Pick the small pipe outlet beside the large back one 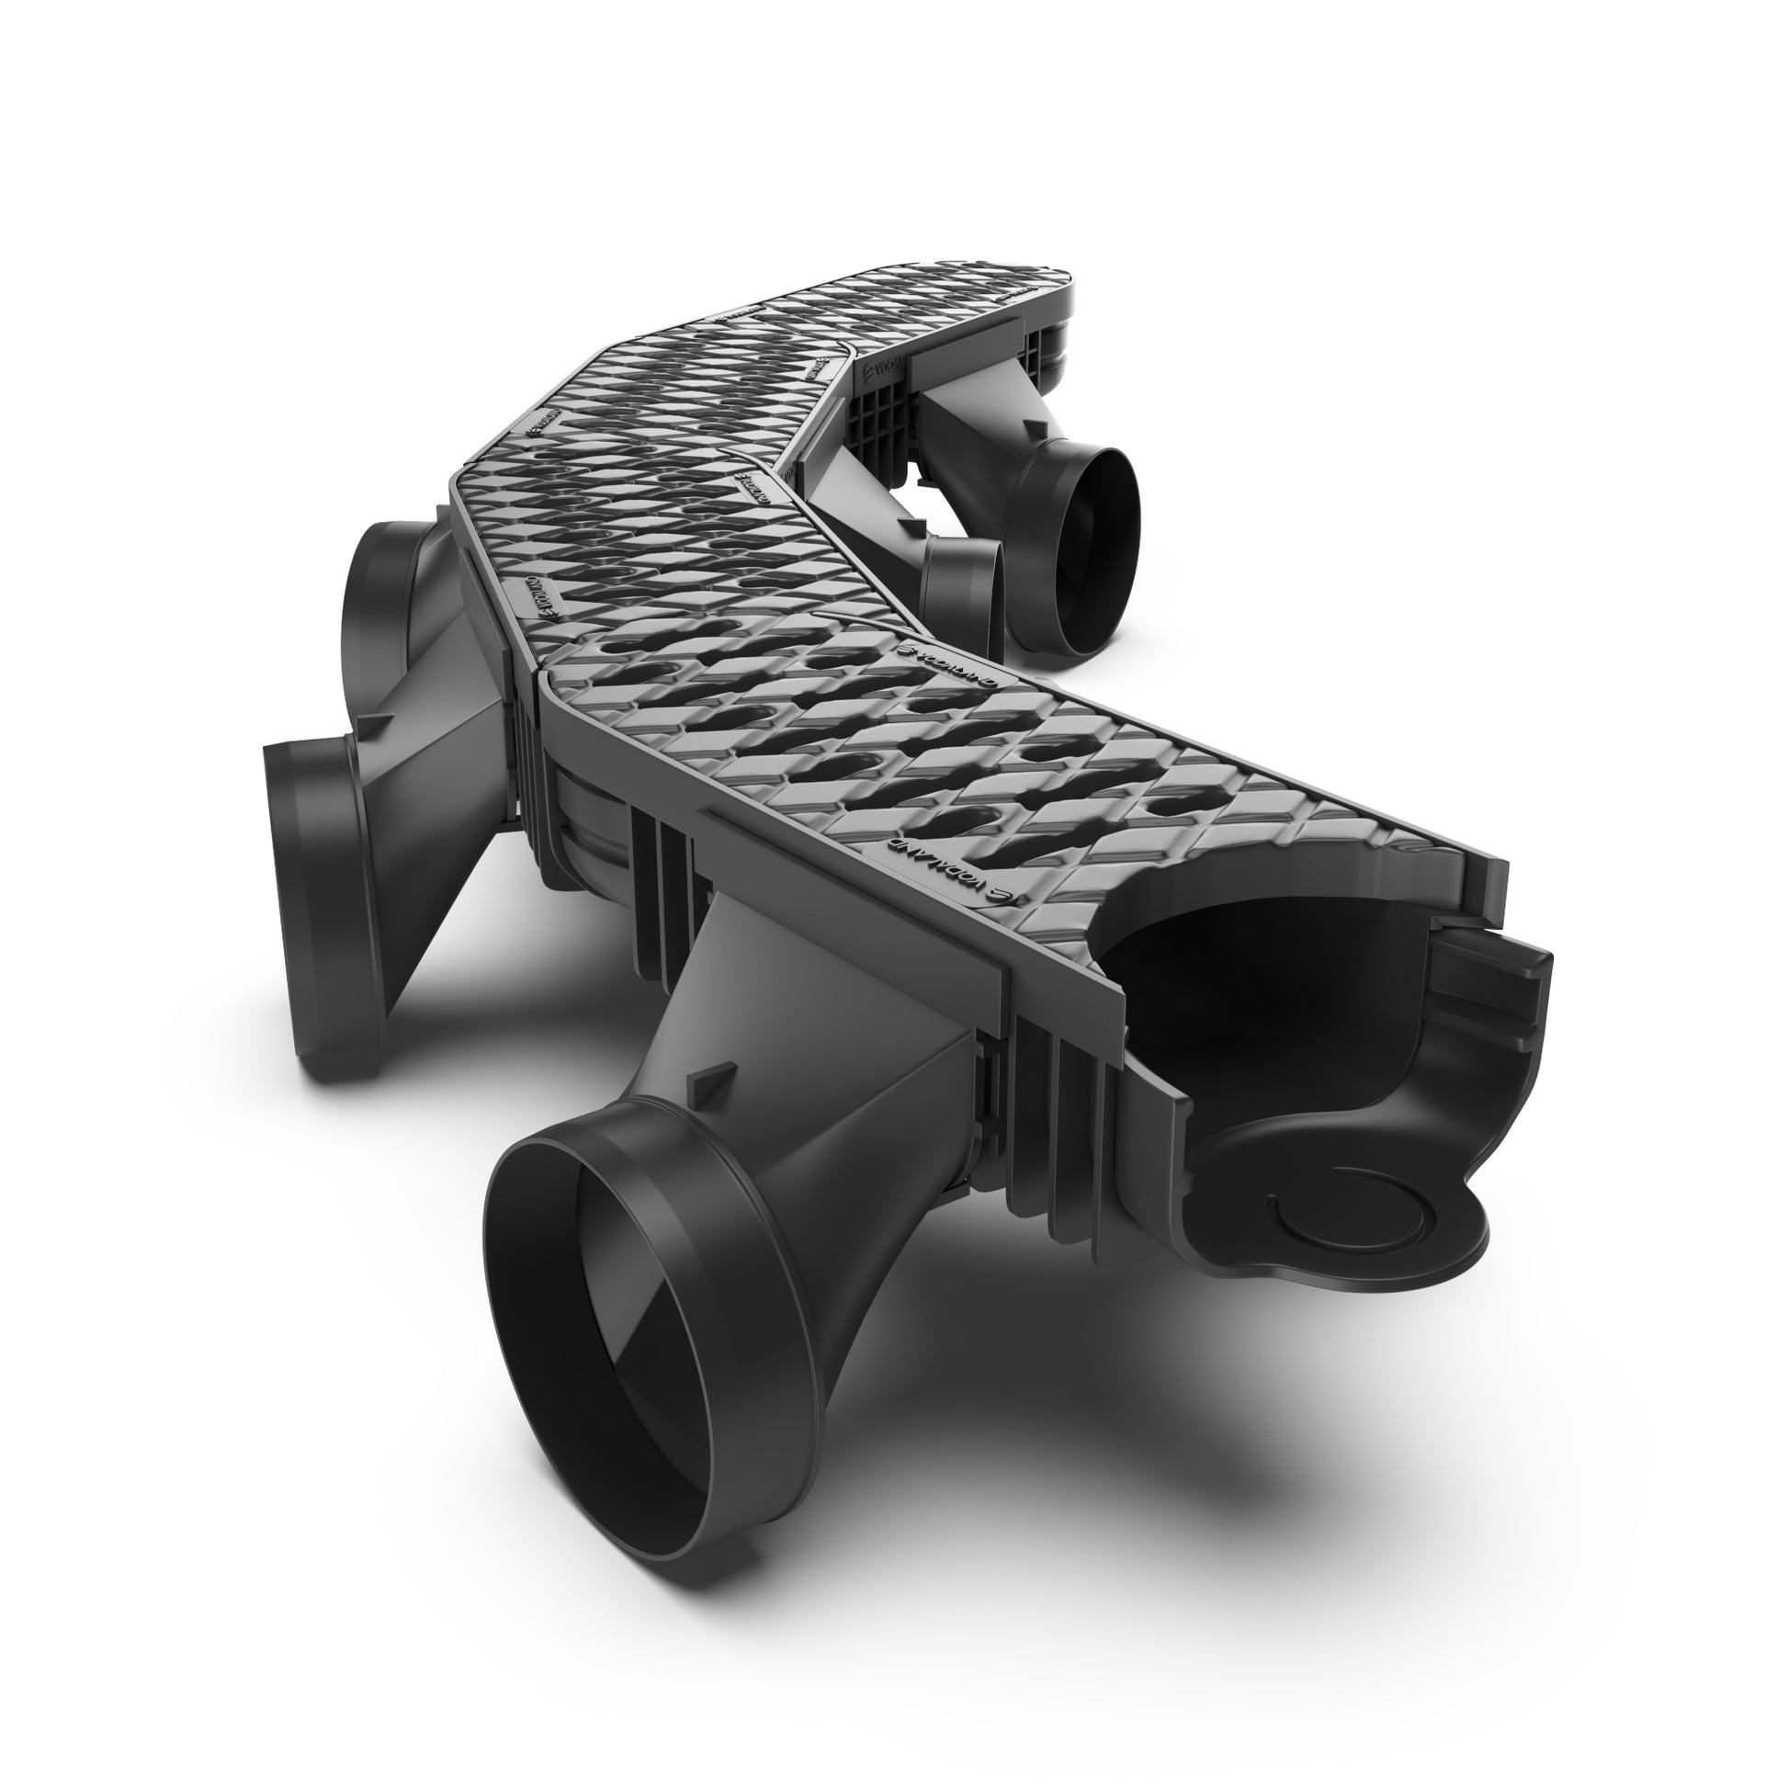963,593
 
